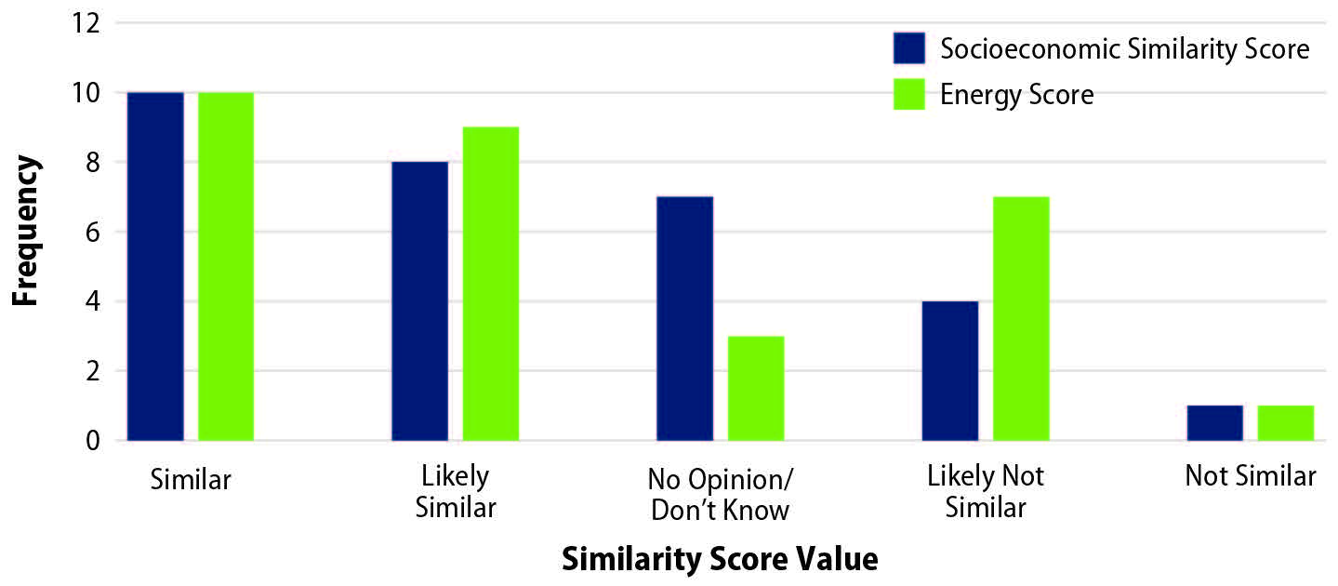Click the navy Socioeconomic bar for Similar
click(x=155, y=266)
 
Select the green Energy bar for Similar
click(x=226, y=266)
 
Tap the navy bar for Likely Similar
click(x=419, y=300)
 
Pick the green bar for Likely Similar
click(x=491, y=284)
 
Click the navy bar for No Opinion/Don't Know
click(x=685, y=318)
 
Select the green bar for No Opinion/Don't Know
click(x=756, y=388)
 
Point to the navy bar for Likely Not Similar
click(x=950, y=370)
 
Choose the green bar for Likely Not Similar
click(x=1021, y=318)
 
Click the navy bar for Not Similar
click(x=1215, y=422)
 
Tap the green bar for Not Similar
click(x=1286, y=422)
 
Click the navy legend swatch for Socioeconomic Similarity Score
click(x=909, y=48)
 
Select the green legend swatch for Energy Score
click(x=909, y=94)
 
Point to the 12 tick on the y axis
click(x=85, y=23)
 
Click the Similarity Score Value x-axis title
click(x=720, y=560)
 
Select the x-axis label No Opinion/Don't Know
click(x=720, y=494)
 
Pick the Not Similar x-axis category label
click(x=1251, y=477)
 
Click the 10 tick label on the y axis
click(x=85, y=93)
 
